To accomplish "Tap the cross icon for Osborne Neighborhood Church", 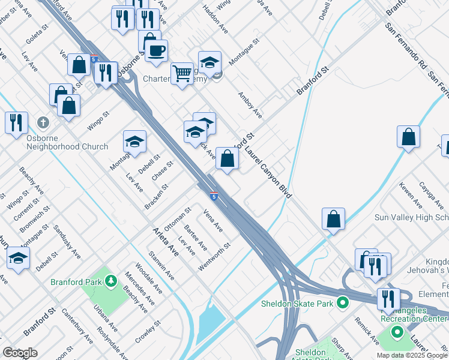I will pos(43,122).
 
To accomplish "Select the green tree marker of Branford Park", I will pos(110,280).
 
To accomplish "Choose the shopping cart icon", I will pos(182,74).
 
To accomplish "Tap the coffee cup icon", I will pos(156,51).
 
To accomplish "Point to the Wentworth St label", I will pos(215,256).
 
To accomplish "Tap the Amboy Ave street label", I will pos(250,104).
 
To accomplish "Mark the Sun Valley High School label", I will pos(411,217).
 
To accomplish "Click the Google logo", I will pos(20,353).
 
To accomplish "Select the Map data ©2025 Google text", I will pos(412,355).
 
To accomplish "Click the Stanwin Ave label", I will pos(161,266).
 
